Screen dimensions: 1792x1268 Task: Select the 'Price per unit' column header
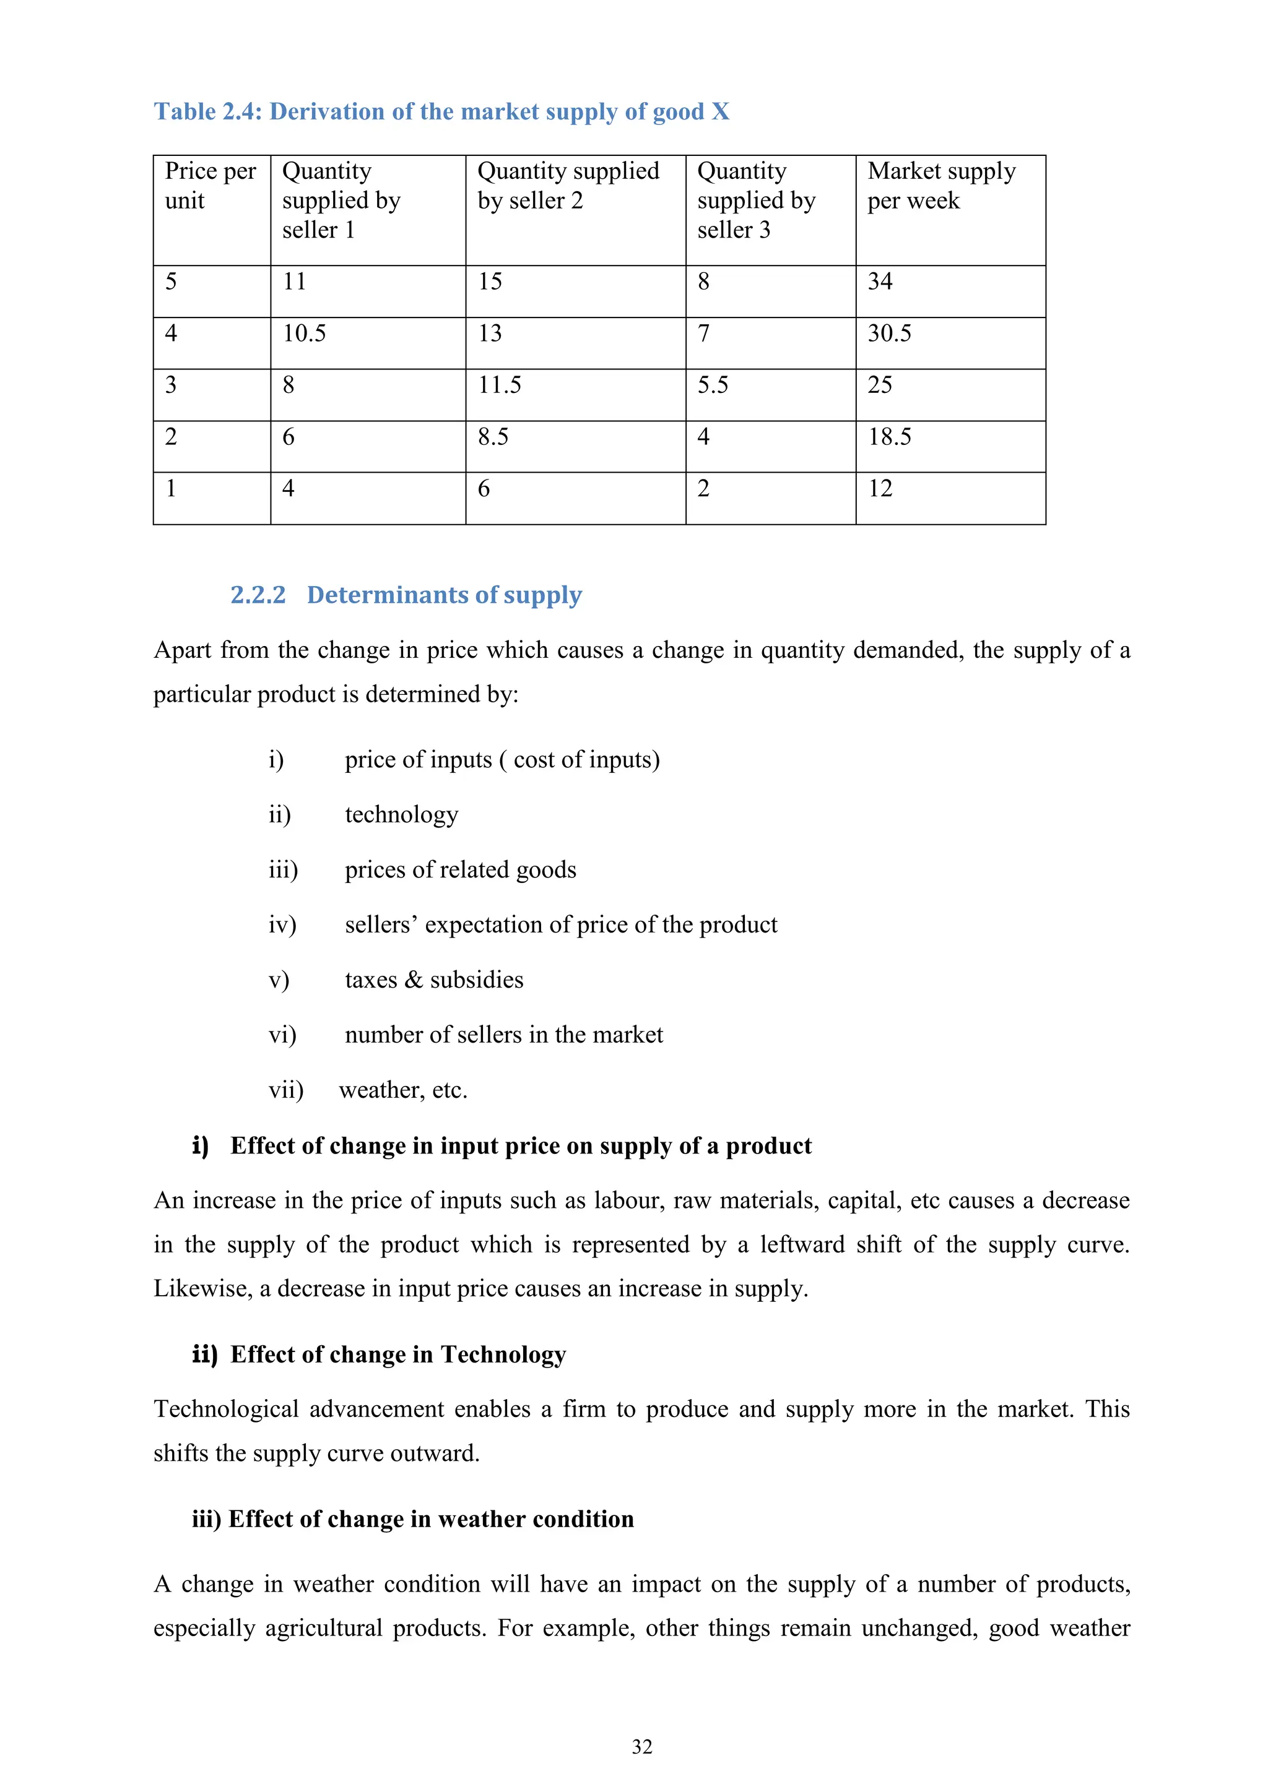(x=210, y=186)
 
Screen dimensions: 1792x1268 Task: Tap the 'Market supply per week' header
(x=941, y=186)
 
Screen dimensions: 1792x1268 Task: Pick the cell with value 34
(x=880, y=282)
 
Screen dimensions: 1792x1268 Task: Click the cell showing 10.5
(x=304, y=334)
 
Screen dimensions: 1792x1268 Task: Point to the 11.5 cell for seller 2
(x=499, y=385)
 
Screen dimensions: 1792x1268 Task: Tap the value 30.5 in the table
(x=888, y=334)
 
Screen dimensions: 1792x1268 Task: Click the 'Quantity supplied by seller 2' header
(x=568, y=186)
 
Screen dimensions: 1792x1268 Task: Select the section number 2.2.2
(x=258, y=595)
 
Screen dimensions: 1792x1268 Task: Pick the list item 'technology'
(x=401, y=815)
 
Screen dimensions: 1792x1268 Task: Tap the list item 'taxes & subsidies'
(x=434, y=980)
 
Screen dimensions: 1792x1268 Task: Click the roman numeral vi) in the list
(x=282, y=1035)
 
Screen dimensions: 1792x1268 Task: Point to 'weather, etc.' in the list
(x=403, y=1090)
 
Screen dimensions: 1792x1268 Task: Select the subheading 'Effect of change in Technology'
(x=397, y=1354)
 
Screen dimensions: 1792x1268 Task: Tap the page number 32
(x=642, y=1747)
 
